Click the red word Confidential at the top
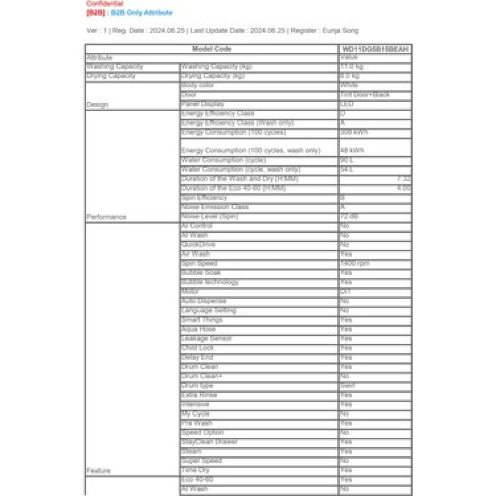coord(105,4)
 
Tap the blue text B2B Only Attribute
coord(141,12)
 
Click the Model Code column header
coord(212,49)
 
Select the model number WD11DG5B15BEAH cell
coord(375,49)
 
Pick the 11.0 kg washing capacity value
coord(352,66)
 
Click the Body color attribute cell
coord(198,85)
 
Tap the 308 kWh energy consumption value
coord(353,132)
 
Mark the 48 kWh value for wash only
coord(352,150)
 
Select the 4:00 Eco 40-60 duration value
coord(403,188)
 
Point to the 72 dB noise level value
coord(349,216)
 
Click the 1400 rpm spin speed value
coord(355,263)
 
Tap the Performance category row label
coord(106,217)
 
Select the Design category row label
coord(98,105)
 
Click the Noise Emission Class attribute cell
coord(215,207)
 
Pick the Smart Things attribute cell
coord(202,320)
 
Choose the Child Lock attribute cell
coord(197,348)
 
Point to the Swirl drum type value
coord(347,385)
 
